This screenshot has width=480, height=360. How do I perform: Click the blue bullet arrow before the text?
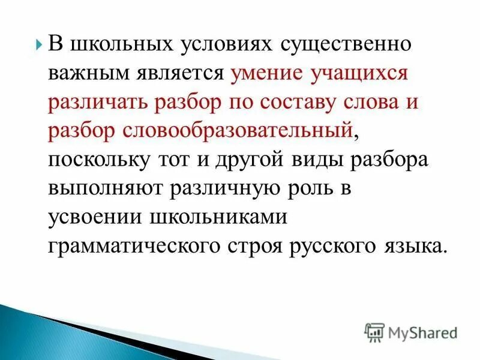click(x=39, y=44)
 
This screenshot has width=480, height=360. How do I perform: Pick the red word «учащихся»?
click(x=361, y=73)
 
